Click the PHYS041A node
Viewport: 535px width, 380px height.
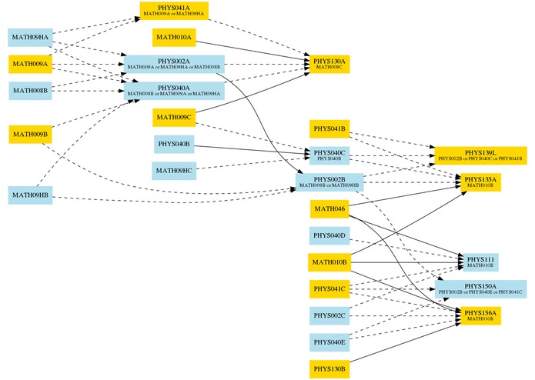pyautogui.click(x=174, y=11)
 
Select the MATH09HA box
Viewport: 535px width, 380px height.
pyautogui.click(x=29, y=37)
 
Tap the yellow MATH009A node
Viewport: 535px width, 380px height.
pyautogui.click(x=29, y=64)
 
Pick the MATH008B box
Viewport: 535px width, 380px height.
pyautogui.click(x=29, y=91)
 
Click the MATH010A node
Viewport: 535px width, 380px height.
pyautogui.click(x=174, y=37)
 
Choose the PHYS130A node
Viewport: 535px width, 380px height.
pyautogui.click(x=329, y=64)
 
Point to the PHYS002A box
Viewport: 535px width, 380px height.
pyautogui.click(x=174, y=64)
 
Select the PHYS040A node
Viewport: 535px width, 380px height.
pyautogui.click(x=174, y=91)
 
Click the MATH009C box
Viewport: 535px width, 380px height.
pyautogui.click(x=174, y=117)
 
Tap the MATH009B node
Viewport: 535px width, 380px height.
pyautogui.click(x=29, y=135)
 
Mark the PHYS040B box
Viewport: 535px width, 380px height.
pyautogui.click(x=174, y=144)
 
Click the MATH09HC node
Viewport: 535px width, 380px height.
pyautogui.click(x=174, y=170)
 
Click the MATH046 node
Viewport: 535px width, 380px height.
pyautogui.click(x=329, y=208)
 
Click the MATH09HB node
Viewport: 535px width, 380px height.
pyautogui.click(x=29, y=195)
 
